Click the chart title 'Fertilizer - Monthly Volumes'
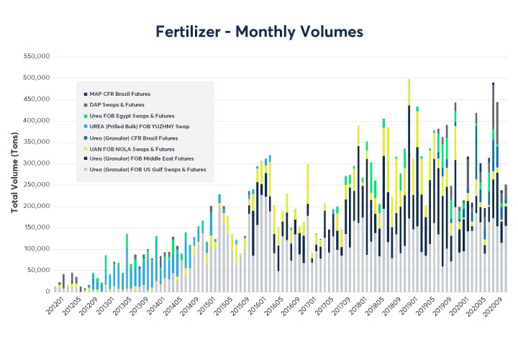(259, 32)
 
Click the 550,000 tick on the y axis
(36, 56)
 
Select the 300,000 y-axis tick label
(36, 163)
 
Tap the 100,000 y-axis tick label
(36, 249)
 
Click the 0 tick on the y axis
(46, 292)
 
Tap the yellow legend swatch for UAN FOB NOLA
(85, 148)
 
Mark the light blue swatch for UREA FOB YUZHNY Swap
(85, 126)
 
